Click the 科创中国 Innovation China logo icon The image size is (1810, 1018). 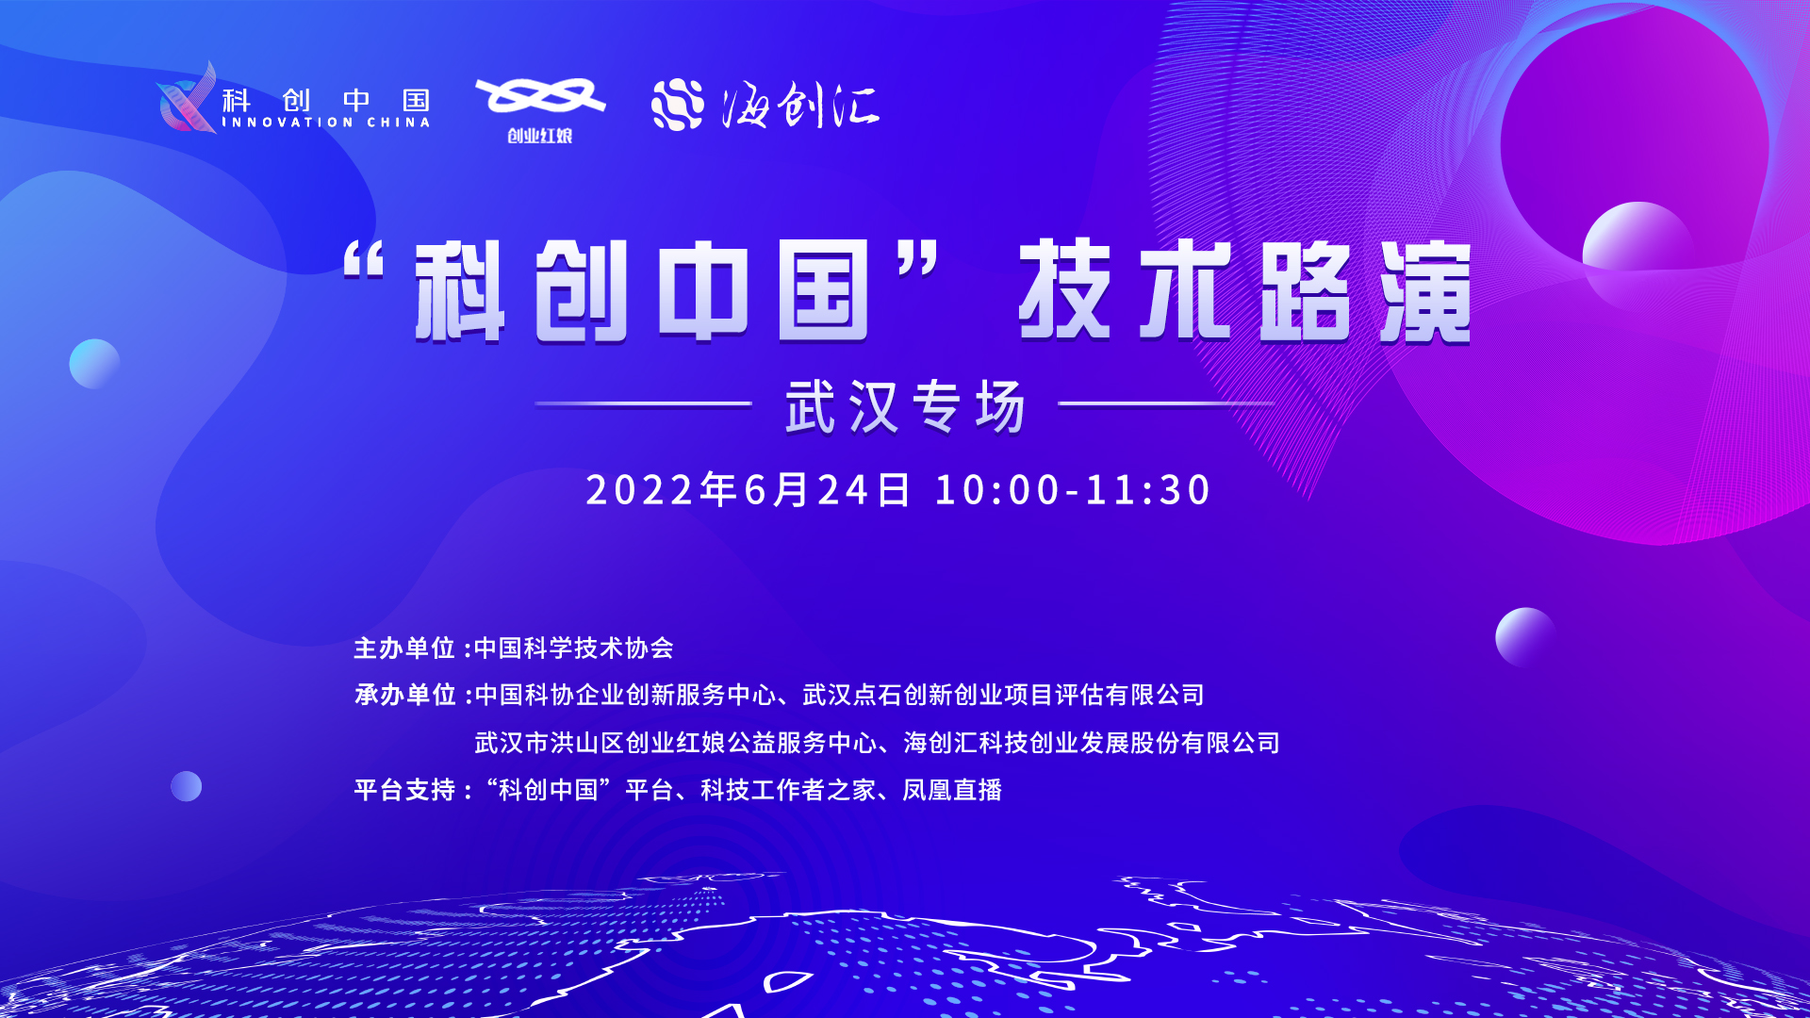[x=187, y=98]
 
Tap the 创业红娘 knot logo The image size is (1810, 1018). [x=540, y=97]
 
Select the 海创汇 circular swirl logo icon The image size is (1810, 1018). [x=678, y=105]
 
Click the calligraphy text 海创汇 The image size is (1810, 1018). [x=800, y=105]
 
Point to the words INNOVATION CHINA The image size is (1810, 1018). [x=326, y=123]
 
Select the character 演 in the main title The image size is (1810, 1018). [x=1425, y=290]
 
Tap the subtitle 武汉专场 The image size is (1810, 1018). [x=905, y=406]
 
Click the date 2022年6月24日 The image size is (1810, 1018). [x=749, y=490]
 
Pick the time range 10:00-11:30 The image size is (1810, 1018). [x=1073, y=490]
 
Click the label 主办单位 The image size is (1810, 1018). [x=404, y=649]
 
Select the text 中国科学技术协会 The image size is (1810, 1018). [x=574, y=649]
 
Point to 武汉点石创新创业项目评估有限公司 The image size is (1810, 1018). [x=1004, y=696]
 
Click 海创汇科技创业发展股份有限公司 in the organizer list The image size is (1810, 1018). [x=1092, y=743]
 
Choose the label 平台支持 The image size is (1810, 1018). [x=404, y=790]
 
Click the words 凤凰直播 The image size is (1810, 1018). [x=952, y=790]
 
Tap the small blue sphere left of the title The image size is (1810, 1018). [x=94, y=364]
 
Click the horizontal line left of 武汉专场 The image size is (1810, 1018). [x=643, y=403]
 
